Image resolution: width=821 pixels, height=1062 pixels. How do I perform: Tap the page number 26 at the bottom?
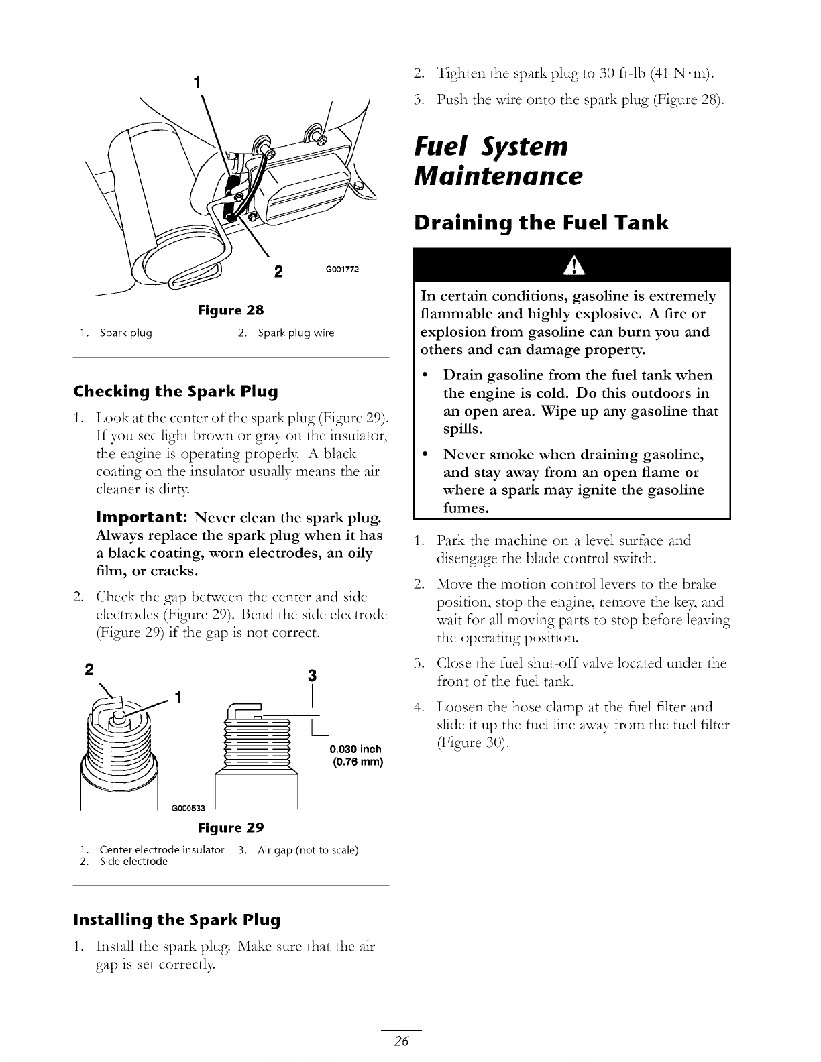click(x=402, y=1041)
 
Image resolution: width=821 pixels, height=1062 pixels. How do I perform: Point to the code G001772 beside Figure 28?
click(x=342, y=270)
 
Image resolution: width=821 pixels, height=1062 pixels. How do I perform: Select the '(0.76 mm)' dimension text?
click(x=358, y=762)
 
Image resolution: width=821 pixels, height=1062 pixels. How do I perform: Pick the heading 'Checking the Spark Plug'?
click(x=175, y=390)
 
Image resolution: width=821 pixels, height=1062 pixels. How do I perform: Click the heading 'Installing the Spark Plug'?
click(x=176, y=919)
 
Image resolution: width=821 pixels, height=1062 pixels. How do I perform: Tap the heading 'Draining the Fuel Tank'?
click(x=541, y=223)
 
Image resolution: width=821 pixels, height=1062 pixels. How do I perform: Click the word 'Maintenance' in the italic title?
click(x=498, y=177)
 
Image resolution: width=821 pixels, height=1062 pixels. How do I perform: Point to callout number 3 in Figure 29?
click(x=311, y=674)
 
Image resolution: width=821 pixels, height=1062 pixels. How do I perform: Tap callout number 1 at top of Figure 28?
click(x=197, y=83)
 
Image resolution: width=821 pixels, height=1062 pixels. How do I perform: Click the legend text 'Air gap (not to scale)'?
click(x=309, y=850)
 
